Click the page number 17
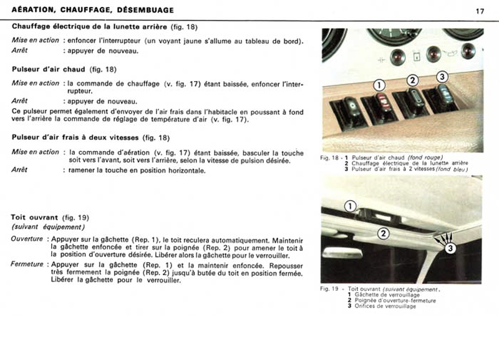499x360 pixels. click(480, 11)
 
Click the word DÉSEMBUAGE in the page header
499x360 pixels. click(145, 10)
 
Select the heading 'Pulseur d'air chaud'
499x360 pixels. click(49, 69)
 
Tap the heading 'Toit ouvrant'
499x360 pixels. click(34, 217)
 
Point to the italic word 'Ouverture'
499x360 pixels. click(27, 239)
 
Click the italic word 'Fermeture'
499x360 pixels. click(27, 264)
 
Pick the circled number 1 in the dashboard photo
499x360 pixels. click(379, 85)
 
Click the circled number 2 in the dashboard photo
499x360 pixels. click(412, 80)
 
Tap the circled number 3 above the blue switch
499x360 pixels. click(442, 77)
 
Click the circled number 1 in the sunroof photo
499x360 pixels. click(350, 207)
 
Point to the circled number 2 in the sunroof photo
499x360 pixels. click(383, 233)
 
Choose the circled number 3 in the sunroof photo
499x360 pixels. click(450, 248)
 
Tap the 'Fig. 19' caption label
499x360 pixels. click(329, 289)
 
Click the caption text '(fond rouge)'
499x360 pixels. click(425, 157)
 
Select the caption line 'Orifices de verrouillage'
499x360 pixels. click(385, 306)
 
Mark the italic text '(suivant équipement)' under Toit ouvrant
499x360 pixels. click(48, 227)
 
